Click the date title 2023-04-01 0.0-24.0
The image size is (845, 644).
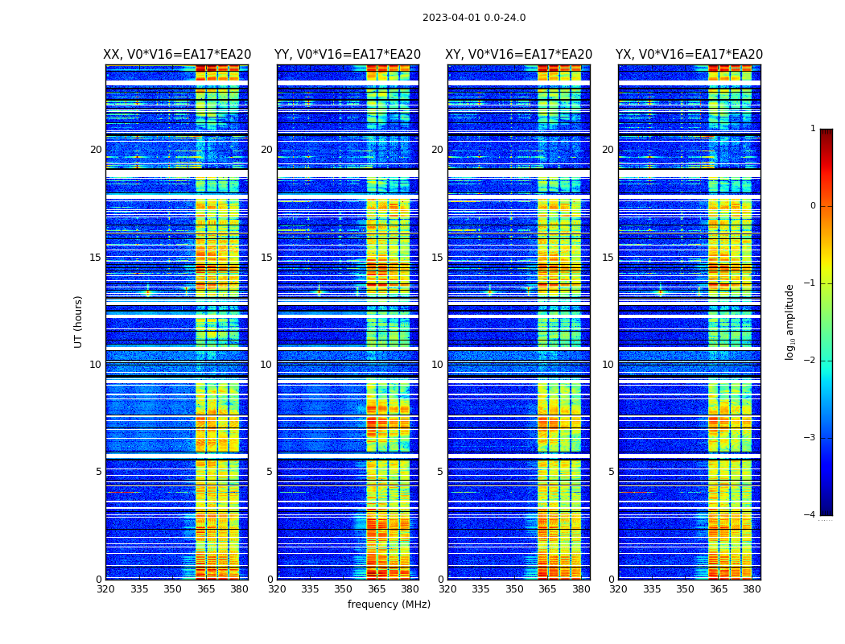tap(474, 18)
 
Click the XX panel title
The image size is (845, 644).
tap(177, 55)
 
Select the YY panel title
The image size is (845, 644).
tap(348, 55)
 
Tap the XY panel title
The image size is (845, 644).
tap(519, 55)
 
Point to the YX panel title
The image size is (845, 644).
tap(690, 55)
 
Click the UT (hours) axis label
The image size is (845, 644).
tap(79, 321)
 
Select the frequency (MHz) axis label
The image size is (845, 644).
tap(389, 605)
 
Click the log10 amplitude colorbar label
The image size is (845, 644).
tap(790, 321)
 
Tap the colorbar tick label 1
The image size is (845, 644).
tap(813, 129)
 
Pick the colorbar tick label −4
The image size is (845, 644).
tap(810, 515)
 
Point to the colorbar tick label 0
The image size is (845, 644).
tap(813, 206)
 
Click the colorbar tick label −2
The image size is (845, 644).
tap(810, 361)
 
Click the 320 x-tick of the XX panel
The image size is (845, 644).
tap(105, 589)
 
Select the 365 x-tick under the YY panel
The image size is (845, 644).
tap(377, 589)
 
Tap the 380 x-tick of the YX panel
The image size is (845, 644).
tap(752, 589)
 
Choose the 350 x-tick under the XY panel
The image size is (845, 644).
tap(514, 589)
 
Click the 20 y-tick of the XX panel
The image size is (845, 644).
tap(96, 150)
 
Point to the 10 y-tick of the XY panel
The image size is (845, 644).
tap(437, 365)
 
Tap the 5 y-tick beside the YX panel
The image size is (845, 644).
tap(611, 472)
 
